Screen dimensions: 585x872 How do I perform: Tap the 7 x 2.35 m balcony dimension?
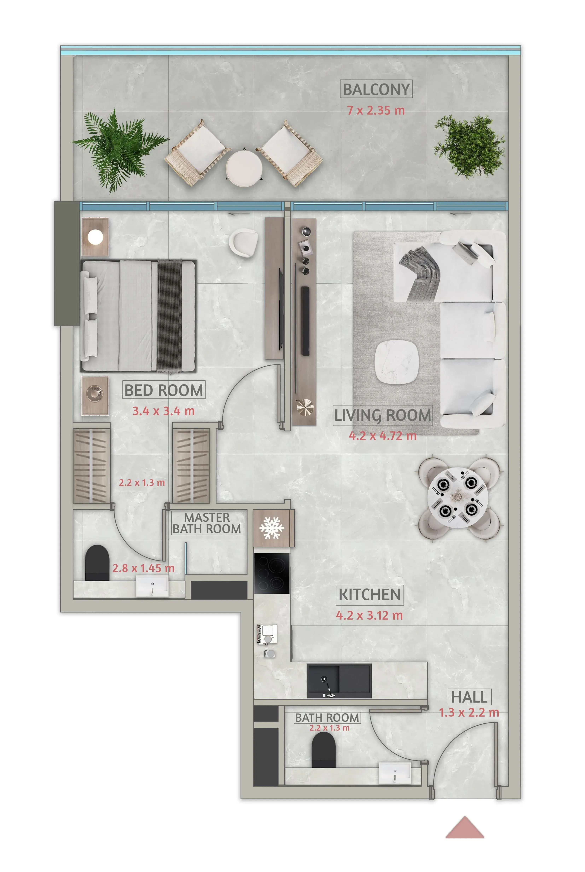(x=376, y=111)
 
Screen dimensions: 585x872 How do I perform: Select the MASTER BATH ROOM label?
(x=207, y=523)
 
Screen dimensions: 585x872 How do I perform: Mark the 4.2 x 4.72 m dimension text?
(x=383, y=436)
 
